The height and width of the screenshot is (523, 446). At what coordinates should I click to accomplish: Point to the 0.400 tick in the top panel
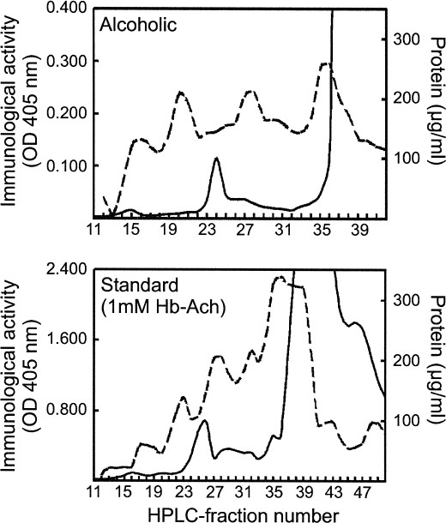pyautogui.click(x=65, y=9)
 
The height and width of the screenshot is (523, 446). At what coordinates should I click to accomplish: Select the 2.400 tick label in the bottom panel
pyautogui.click(x=65, y=269)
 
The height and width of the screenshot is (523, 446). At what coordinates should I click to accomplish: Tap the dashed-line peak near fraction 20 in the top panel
pyautogui.click(x=180, y=93)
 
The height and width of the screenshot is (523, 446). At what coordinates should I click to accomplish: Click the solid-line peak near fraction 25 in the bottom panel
pyautogui.click(x=203, y=420)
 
